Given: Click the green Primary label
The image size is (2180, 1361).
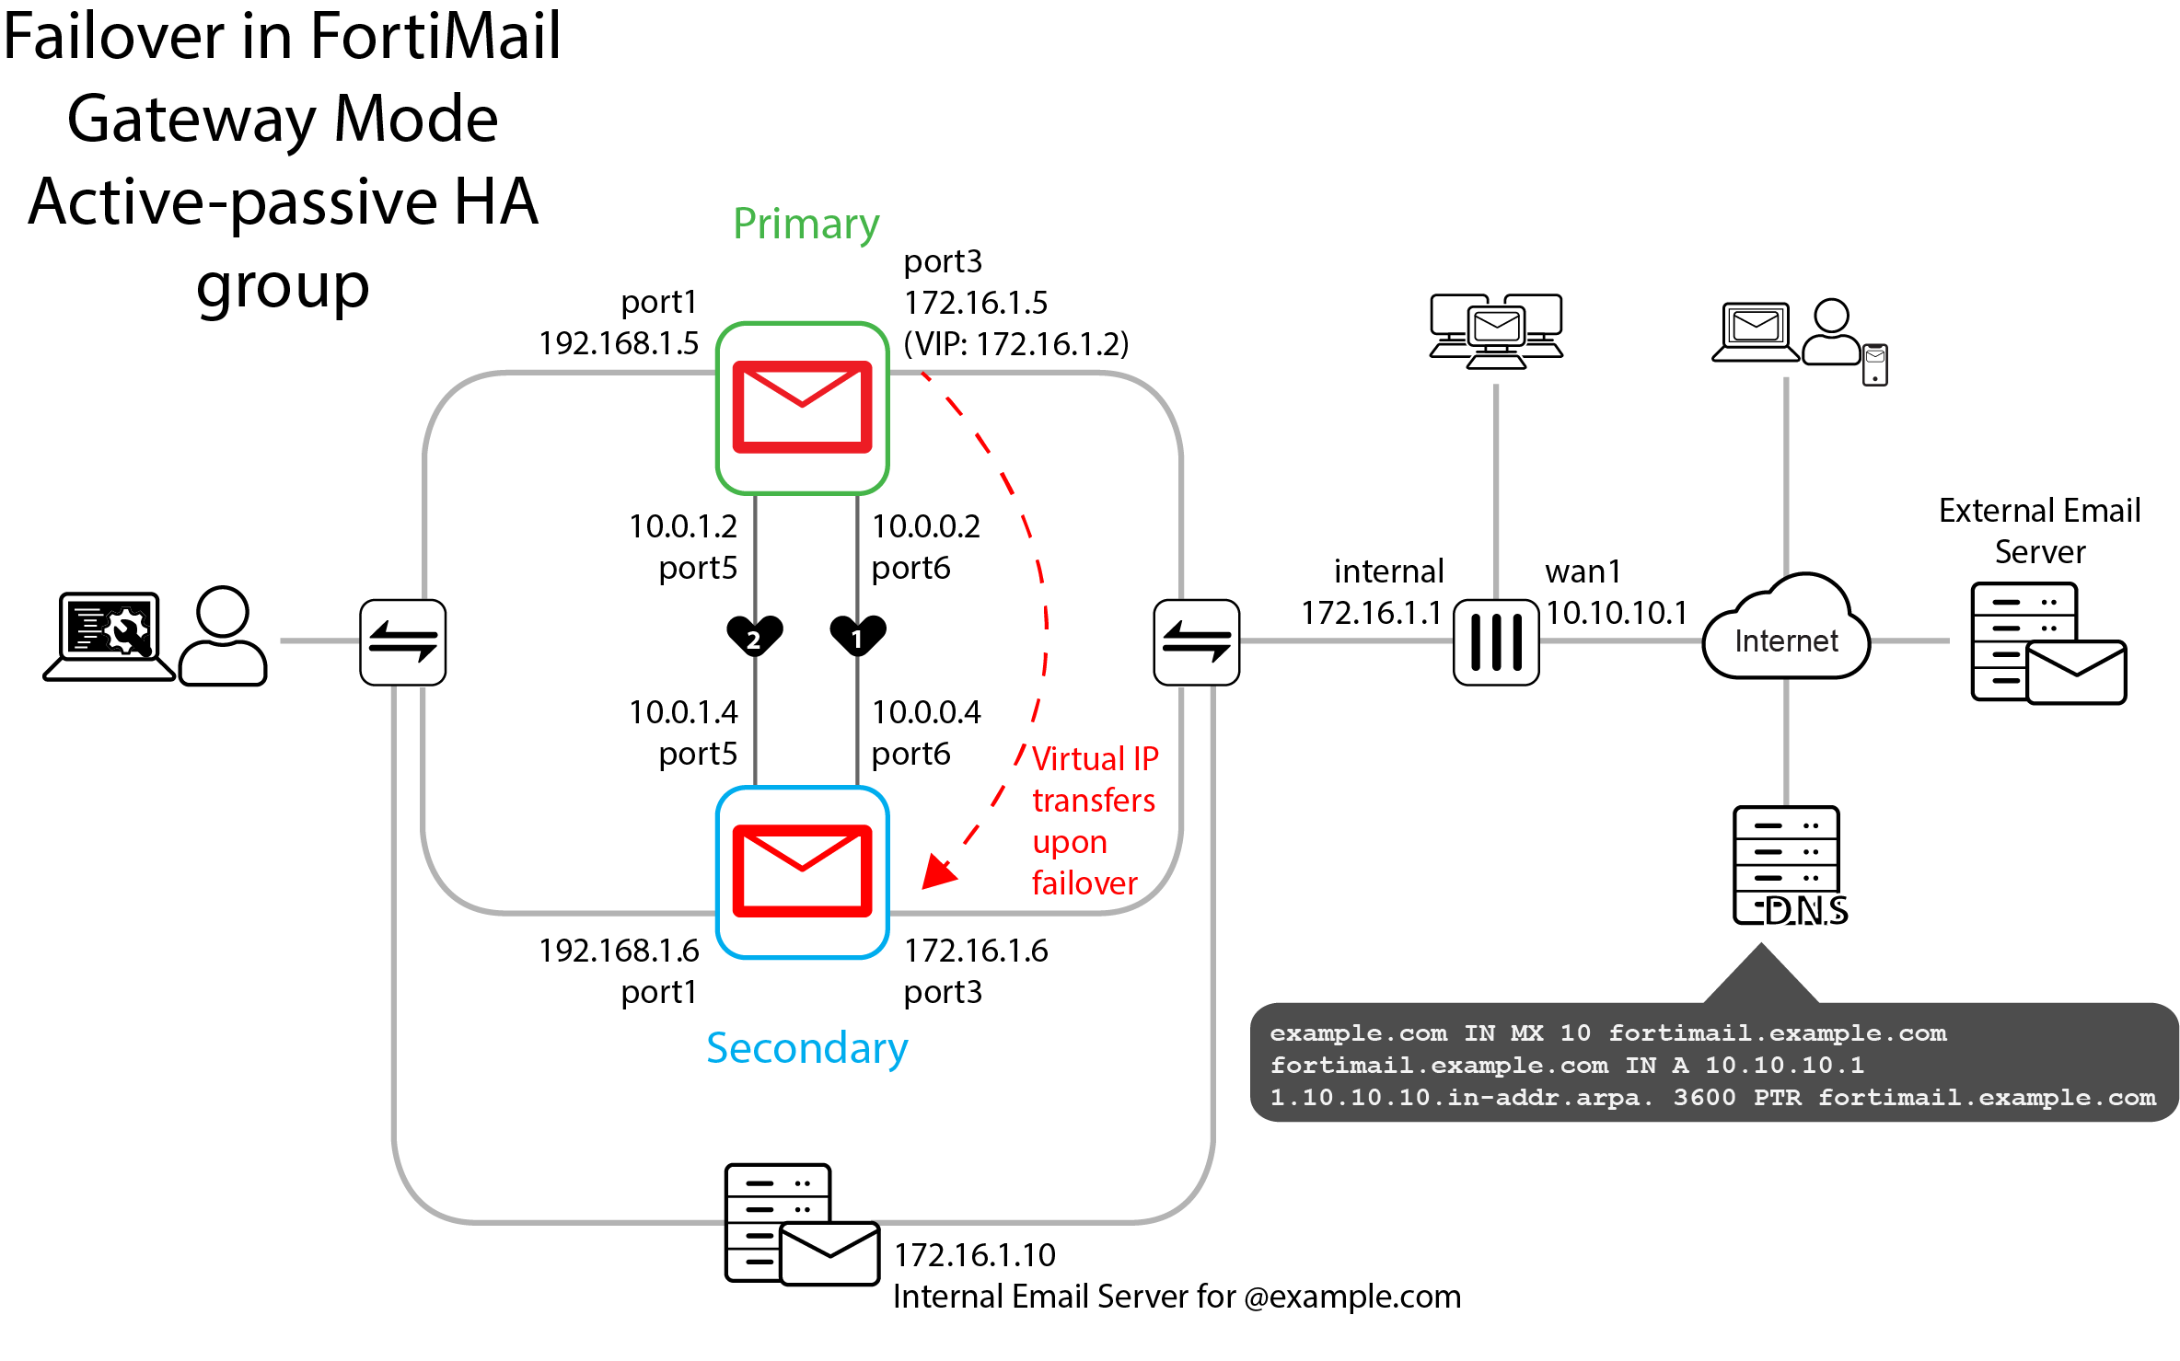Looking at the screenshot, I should (x=806, y=224).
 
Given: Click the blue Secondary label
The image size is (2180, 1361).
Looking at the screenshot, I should (x=806, y=1048).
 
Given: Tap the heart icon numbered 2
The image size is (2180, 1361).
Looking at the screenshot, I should (x=754, y=636).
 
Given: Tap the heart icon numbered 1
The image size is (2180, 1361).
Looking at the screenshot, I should (x=857, y=636).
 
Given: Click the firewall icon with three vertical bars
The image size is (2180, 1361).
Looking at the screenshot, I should (x=1496, y=641).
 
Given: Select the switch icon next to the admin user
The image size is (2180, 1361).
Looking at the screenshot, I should (x=403, y=642).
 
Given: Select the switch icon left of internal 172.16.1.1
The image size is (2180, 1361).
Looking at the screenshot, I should (x=1196, y=642).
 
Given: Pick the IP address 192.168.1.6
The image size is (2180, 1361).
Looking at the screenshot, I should (x=619, y=951).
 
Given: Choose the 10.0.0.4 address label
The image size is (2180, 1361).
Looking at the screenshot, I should (x=926, y=712).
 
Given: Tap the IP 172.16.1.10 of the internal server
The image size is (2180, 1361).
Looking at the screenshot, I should (x=975, y=1255).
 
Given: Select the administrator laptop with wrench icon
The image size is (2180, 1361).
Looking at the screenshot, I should (x=110, y=635).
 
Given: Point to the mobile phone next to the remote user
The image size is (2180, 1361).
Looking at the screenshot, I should (x=1874, y=364).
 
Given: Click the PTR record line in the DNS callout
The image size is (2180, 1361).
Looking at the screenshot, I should (x=1712, y=1098).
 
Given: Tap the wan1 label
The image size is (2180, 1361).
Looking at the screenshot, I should (x=1582, y=571).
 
